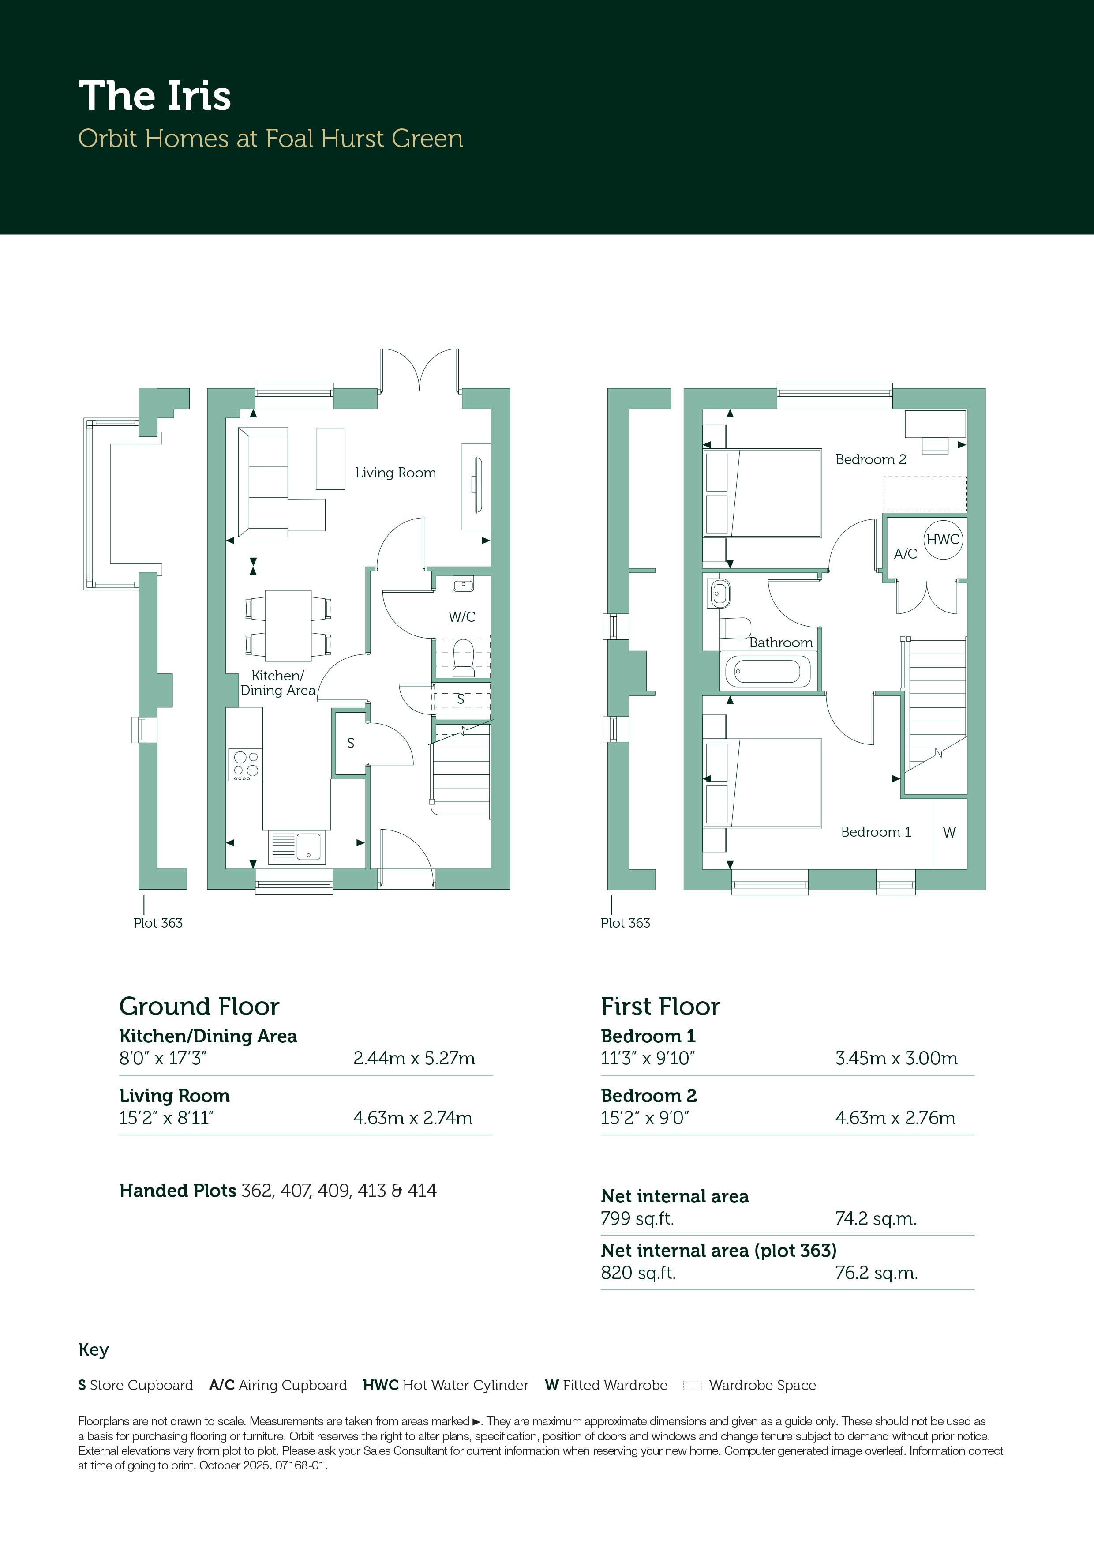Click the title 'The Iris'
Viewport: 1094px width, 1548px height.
pos(154,96)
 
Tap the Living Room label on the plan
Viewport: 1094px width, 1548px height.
pos(396,473)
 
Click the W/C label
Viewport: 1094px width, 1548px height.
pos(462,616)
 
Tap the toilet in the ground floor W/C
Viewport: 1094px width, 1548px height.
pos(463,658)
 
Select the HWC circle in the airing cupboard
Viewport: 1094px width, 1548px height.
pos(942,539)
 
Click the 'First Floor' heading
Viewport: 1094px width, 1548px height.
pos(660,1007)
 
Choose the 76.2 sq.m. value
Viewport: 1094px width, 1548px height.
pos(876,1273)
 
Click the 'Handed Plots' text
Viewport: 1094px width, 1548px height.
pos(177,1191)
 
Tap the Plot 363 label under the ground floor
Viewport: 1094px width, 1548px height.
pos(158,923)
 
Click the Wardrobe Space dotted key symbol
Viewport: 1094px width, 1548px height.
pos(692,1386)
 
